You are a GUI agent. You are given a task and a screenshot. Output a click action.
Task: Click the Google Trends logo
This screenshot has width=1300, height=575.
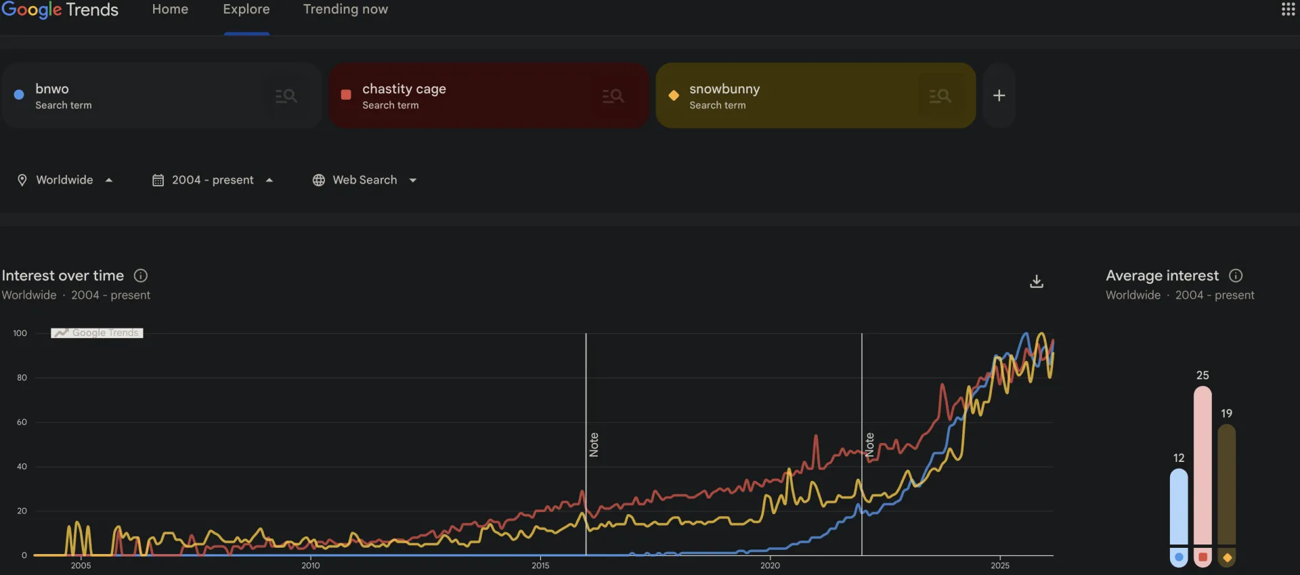[60, 9]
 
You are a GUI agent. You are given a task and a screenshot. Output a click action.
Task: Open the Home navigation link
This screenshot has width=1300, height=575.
[170, 9]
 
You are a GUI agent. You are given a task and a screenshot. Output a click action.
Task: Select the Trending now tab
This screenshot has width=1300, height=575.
[345, 9]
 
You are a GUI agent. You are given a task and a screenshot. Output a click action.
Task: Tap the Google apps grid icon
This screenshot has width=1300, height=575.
[1288, 9]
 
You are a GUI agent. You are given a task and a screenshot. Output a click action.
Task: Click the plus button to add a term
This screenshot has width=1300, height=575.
[999, 95]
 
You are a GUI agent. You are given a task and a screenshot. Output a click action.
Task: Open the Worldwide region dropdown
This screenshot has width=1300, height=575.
[65, 180]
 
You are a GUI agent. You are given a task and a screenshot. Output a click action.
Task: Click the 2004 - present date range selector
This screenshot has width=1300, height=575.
[213, 180]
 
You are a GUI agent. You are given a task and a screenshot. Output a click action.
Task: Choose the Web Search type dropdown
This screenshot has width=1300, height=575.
[365, 180]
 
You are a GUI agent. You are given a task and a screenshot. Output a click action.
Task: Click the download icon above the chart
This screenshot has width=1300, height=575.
[1036, 281]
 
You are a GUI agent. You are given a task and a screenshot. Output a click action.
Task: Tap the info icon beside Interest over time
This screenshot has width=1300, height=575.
[141, 276]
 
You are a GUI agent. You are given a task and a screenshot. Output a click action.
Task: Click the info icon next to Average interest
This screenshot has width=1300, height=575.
[1236, 276]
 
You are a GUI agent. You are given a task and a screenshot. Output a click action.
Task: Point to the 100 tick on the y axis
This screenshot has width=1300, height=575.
[20, 333]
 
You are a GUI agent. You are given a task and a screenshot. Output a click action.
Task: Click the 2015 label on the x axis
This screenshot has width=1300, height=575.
[540, 566]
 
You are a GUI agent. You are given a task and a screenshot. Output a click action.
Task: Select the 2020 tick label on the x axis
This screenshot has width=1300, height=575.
[770, 566]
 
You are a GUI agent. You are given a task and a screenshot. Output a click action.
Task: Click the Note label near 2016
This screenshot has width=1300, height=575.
[594, 445]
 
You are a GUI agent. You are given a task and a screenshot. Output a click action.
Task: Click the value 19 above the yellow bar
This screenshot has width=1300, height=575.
[1226, 413]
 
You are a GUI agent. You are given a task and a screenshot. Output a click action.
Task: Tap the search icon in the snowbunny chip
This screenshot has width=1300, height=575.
[940, 96]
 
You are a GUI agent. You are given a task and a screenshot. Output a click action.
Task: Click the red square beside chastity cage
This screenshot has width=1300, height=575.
[346, 95]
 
